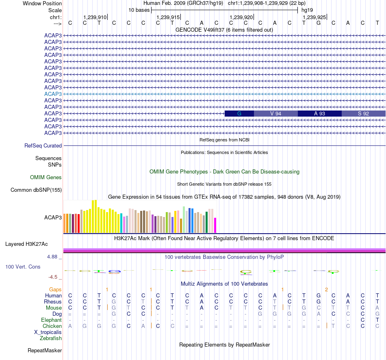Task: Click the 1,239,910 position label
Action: pos(95,17)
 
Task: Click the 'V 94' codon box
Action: pos(276,114)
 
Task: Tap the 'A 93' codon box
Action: pos(320,114)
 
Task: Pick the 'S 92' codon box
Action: pos(363,114)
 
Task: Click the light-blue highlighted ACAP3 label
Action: pos(53,94)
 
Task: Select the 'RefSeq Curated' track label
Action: pos(43,145)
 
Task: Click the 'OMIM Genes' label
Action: pos(46,177)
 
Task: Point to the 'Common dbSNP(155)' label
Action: pos(36,190)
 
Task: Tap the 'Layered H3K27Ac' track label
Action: pos(26,244)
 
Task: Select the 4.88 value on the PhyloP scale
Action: pos(53,257)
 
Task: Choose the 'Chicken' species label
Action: pos(52,326)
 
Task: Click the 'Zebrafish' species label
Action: pos(51,338)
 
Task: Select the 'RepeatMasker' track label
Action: pos(45,350)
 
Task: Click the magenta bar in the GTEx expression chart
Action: pos(215,225)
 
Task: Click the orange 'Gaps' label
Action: pos(55,289)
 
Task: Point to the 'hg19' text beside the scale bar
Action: pos(307,9)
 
